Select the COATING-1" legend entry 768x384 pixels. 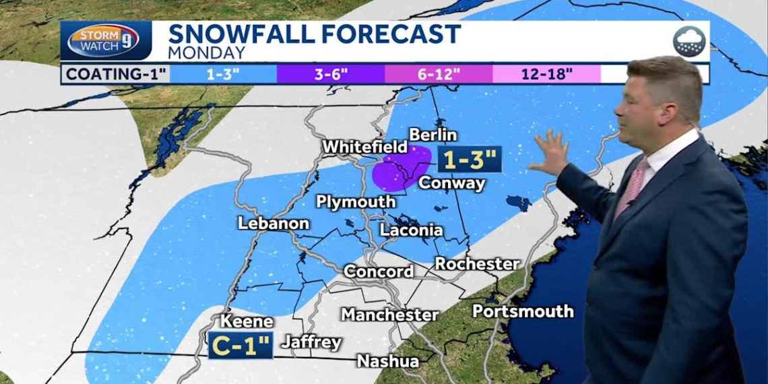[116, 73]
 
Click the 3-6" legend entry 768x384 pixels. [330, 73]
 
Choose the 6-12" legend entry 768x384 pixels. [438, 73]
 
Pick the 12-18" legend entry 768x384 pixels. [546, 73]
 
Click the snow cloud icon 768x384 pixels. [689, 42]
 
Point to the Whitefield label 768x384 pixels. [364, 146]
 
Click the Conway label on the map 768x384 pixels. [451, 183]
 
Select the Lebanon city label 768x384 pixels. [273, 223]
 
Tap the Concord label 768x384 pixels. [379, 271]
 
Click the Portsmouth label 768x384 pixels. [522, 311]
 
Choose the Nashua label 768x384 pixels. [387, 360]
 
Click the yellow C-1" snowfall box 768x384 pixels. [241, 346]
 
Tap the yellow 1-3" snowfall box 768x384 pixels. [469, 160]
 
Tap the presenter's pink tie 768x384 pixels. [631, 189]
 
